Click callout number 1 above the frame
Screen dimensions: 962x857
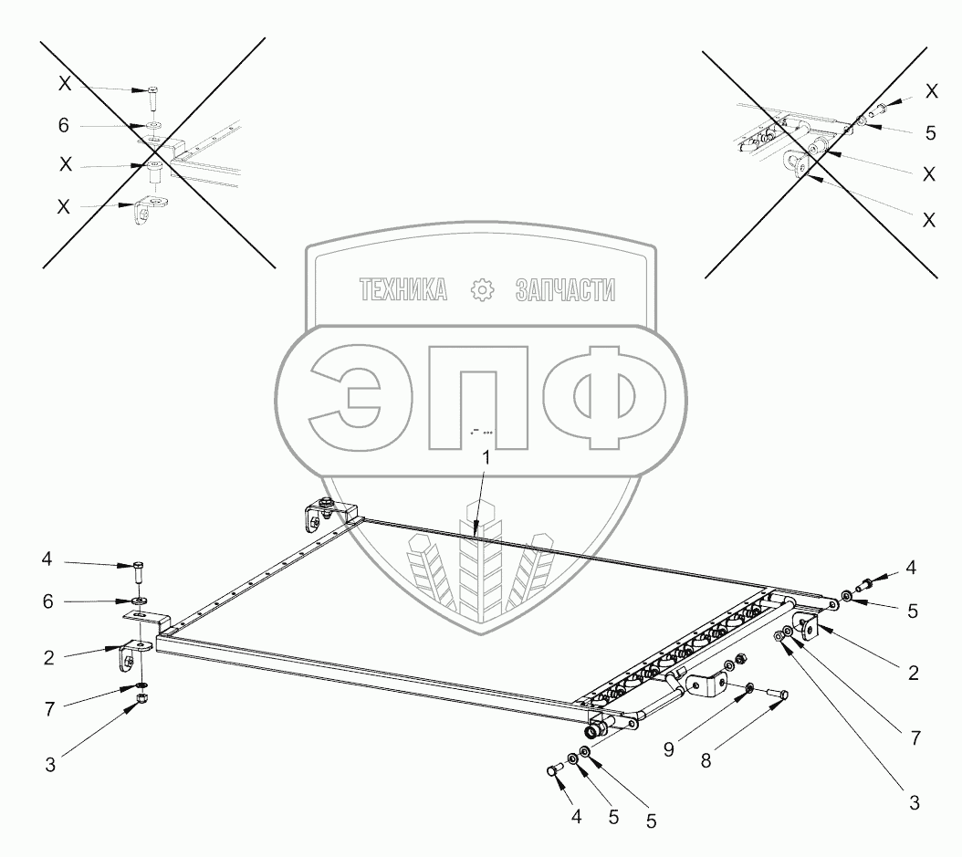(486, 459)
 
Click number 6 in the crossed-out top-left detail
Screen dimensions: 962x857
(63, 126)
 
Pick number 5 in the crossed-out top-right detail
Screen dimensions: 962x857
(930, 132)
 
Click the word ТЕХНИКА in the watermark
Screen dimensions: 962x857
(403, 290)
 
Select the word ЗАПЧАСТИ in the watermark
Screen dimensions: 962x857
(565, 290)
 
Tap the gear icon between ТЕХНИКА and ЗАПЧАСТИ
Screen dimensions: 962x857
(481, 290)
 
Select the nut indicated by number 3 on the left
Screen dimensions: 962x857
(141, 699)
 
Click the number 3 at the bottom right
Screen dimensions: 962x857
(914, 803)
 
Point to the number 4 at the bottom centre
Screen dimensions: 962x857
(576, 818)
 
